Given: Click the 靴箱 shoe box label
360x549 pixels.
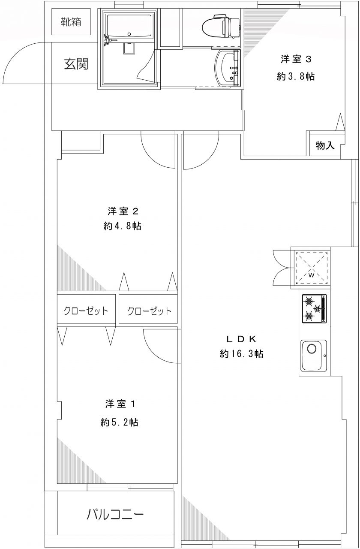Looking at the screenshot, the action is pos(71,22).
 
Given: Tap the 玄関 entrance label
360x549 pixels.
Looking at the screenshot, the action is pos(76,64).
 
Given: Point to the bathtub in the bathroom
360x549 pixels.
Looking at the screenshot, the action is pos(129,26).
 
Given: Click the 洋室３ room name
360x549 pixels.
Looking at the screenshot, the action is pos(296,59).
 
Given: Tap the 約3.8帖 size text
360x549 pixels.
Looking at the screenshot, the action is pos(296,77).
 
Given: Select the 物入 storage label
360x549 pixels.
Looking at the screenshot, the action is pos(325,145).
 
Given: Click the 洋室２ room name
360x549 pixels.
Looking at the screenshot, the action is pos(123,211).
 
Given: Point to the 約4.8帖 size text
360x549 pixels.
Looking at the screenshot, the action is pos(123,226).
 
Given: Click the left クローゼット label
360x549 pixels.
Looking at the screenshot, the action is pos(86,311).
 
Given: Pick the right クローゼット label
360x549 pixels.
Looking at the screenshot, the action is pos(149,311).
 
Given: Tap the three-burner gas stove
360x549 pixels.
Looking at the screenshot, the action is pos(315,308).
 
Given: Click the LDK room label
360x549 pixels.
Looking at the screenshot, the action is pos(241,339).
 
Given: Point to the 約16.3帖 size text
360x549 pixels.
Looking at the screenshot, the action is pos(241,354).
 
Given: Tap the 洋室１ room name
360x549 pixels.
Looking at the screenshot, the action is pos(120,404).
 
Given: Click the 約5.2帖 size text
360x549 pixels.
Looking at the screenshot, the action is pos(119,422).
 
